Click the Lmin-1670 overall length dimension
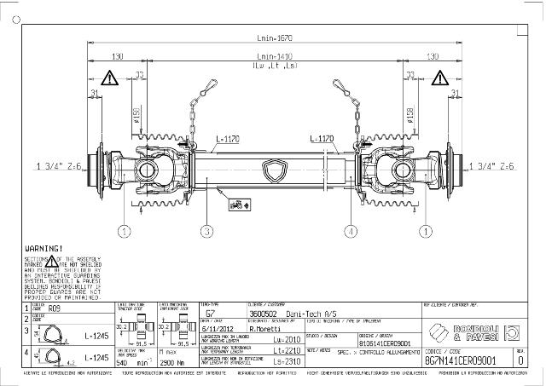pyautogui.click(x=274, y=38)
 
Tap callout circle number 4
pyautogui.click(x=351, y=230)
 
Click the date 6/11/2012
pyautogui.click(x=217, y=326)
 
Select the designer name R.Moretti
pyautogui.click(x=267, y=326)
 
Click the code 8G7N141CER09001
pyautogui.click(x=459, y=361)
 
